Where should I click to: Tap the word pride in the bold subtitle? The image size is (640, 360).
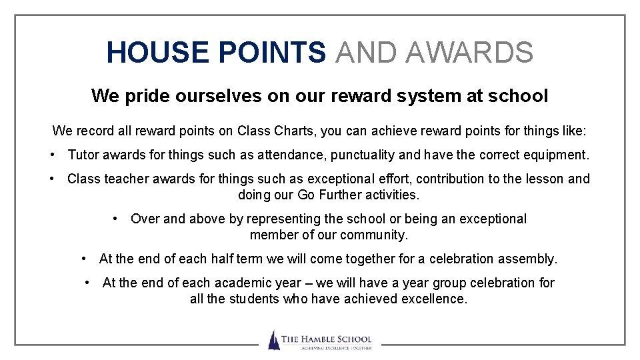click(147, 96)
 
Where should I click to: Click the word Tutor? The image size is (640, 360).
click(83, 155)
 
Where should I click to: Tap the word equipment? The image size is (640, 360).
click(559, 155)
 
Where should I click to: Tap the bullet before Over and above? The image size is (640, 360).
click(116, 219)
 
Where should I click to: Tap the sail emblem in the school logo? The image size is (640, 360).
click(273, 340)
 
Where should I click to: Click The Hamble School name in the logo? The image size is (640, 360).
click(326, 339)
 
